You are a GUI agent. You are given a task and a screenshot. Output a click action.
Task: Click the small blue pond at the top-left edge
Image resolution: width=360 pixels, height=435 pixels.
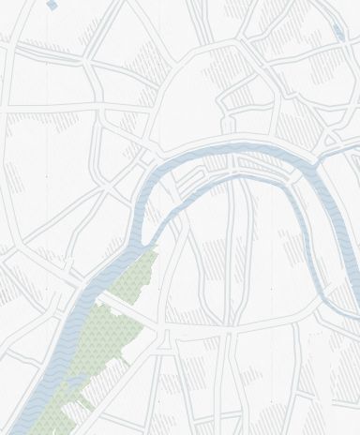[x=50, y=6]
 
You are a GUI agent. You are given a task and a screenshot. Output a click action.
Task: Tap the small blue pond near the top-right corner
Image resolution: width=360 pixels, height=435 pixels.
[x=337, y=34]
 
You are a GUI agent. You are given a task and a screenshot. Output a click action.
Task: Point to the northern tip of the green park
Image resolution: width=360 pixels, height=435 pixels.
[x=156, y=247]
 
